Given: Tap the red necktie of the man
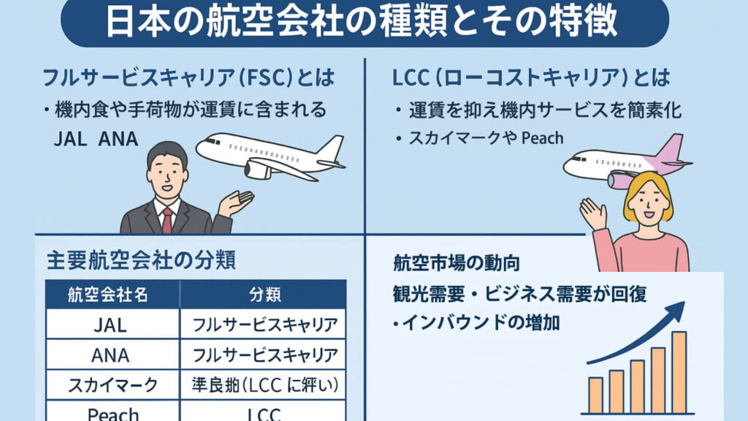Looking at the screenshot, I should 167,219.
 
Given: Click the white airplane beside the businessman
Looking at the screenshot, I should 270,155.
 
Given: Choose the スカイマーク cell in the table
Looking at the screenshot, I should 110,385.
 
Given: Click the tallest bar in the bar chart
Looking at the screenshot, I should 679,373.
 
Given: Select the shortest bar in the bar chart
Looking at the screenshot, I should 595,395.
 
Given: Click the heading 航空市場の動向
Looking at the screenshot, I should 457,263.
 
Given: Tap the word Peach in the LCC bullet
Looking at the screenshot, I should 542,137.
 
